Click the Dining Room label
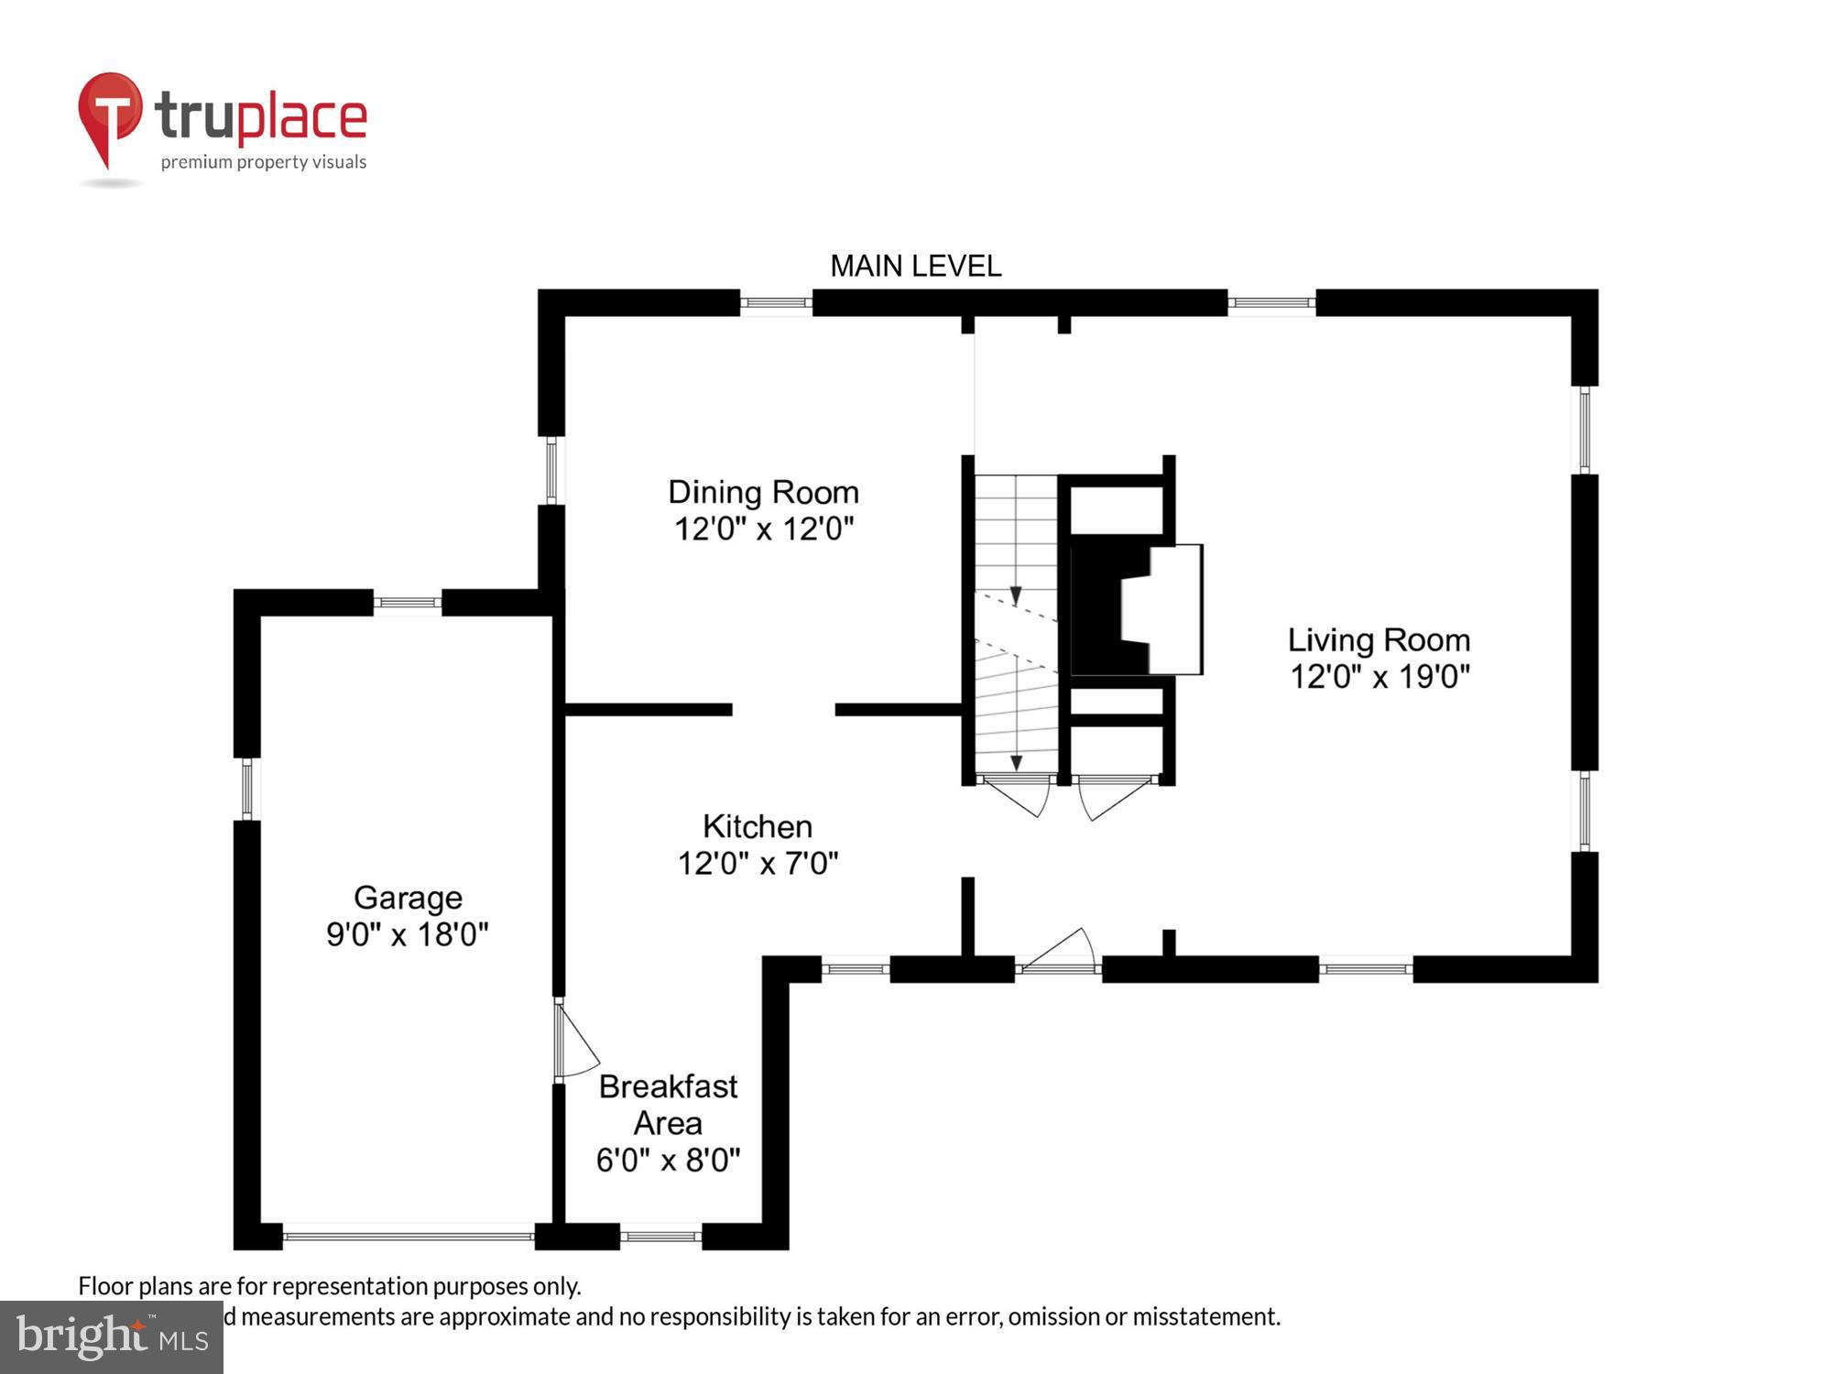pyautogui.click(x=763, y=493)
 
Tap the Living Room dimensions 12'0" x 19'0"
pyautogui.click(x=1379, y=677)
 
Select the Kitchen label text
pyautogui.click(x=758, y=826)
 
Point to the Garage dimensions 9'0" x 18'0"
pyautogui.click(x=408, y=934)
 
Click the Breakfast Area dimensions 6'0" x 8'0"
pyautogui.click(x=668, y=1161)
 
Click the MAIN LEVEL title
pyautogui.click(x=915, y=267)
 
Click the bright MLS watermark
pyautogui.click(x=112, y=1337)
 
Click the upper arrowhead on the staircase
pyautogui.click(x=1015, y=596)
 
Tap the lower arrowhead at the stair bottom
pyautogui.click(x=1016, y=762)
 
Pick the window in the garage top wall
pyautogui.click(x=408, y=603)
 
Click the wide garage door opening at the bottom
pyautogui.click(x=408, y=1237)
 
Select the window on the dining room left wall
pyautogui.click(x=551, y=470)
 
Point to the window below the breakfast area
pyautogui.click(x=660, y=1237)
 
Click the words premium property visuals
pyautogui.click(x=264, y=162)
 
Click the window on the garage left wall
pyautogui.click(x=247, y=789)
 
